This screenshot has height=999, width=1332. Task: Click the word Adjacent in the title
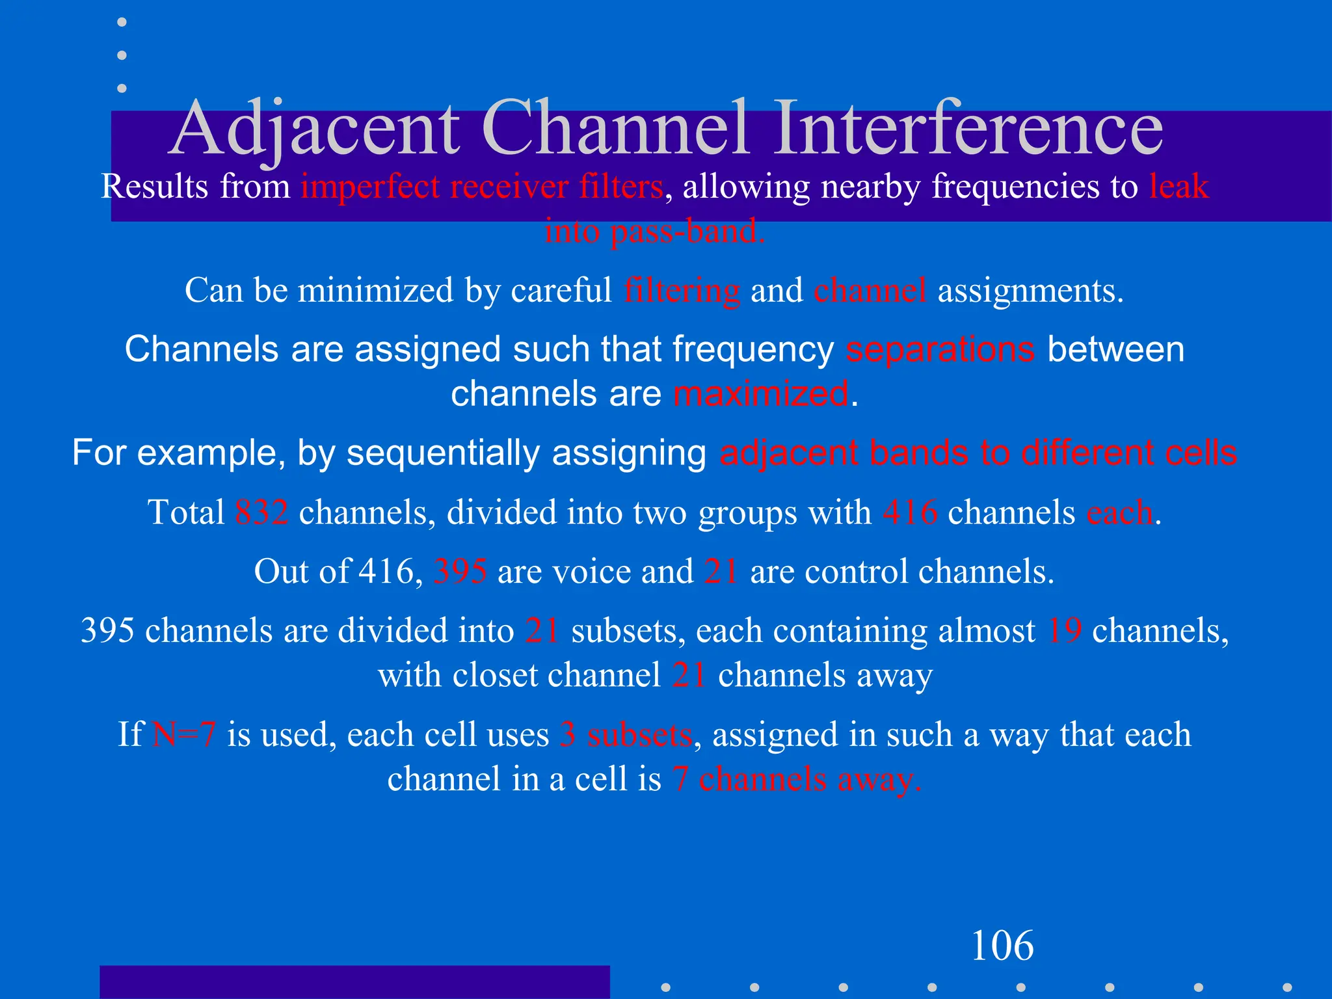click(x=315, y=128)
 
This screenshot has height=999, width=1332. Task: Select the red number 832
click(x=261, y=513)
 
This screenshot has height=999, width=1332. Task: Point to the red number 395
click(x=460, y=572)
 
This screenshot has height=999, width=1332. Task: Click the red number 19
click(x=1065, y=631)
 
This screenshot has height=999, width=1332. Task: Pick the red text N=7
click(x=183, y=735)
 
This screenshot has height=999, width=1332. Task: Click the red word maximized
click(x=760, y=394)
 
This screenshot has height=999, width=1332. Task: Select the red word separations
click(x=940, y=349)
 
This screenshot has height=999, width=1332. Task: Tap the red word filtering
click(x=682, y=291)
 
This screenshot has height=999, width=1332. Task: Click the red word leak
click(x=1179, y=187)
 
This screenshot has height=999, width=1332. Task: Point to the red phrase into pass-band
click(x=655, y=232)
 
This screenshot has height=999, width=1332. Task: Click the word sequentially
click(x=442, y=453)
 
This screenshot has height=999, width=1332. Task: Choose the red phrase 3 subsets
click(x=626, y=735)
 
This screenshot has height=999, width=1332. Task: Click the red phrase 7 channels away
click(x=797, y=779)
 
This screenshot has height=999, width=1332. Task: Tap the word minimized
click(x=376, y=291)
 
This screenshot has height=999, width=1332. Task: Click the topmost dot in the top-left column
click(x=122, y=22)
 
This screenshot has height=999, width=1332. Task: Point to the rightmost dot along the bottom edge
click(x=1286, y=987)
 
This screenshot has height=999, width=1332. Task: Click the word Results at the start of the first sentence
click(x=155, y=187)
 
